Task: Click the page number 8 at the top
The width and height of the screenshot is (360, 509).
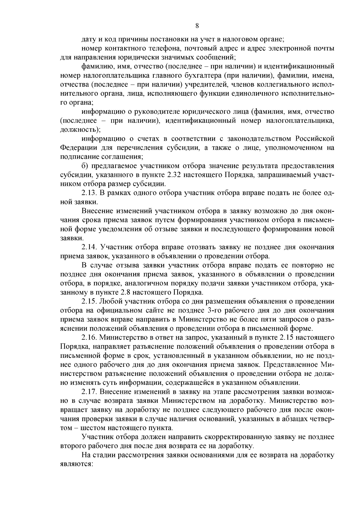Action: point(197,26)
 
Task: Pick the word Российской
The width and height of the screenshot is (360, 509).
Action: point(315,139)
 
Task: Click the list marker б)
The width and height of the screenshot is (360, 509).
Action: point(85,166)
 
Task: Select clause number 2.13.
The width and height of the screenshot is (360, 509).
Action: point(90,193)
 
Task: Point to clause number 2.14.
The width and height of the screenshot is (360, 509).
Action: point(90,247)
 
